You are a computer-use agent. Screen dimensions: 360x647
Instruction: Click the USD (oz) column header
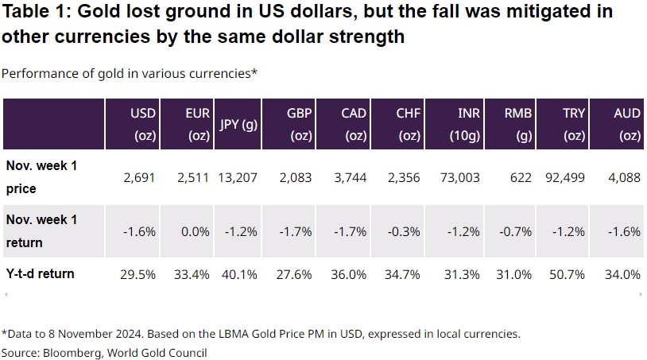(143, 124)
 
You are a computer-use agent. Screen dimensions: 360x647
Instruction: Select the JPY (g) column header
(238, 124)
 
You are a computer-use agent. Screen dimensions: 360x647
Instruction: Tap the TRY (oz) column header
(573, 124)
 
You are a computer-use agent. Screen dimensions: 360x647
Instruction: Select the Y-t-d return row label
(40, 274)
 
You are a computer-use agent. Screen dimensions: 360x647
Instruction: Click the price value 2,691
(140, 178)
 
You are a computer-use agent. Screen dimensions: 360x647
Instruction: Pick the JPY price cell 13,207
(238, 178)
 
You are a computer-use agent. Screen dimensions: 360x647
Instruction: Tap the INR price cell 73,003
(459, 178)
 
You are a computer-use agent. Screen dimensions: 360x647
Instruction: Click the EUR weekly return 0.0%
(194, 231)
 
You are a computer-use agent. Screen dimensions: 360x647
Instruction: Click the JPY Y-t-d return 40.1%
(242, 275)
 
